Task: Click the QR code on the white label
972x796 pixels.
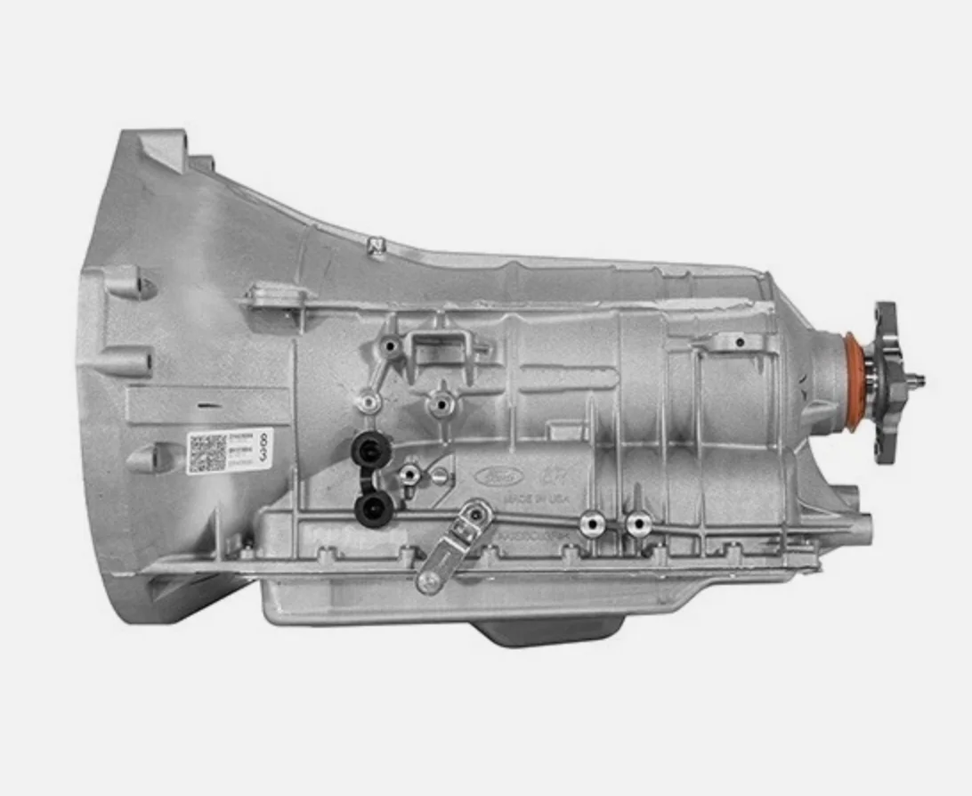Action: (x=207, y=453)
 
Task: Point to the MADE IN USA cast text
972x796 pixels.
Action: (x=537, y=500)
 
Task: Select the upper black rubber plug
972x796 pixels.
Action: (x=366, y=446)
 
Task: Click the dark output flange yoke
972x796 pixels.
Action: (x=885, y=383)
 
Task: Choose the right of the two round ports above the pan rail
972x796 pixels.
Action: (x=636, y=524)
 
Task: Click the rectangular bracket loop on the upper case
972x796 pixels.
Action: (x=442, y=343)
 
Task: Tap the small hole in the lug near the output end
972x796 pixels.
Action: (x=740, y=342)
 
